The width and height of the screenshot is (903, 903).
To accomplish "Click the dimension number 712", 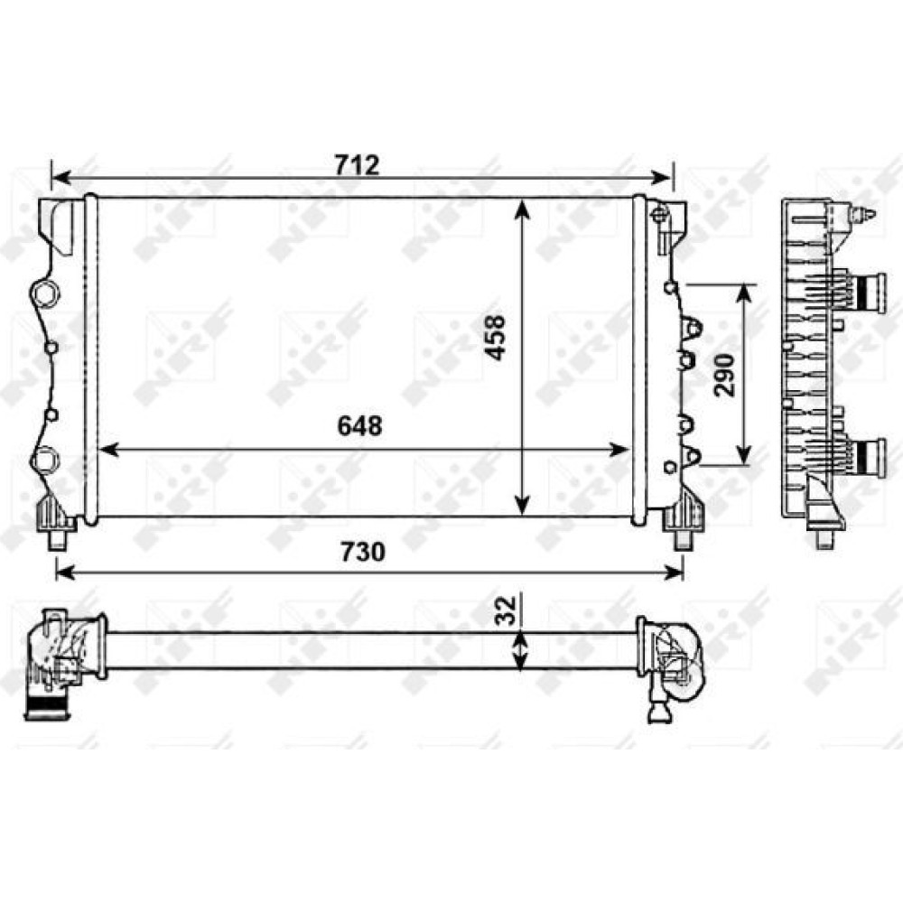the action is coord(358,166).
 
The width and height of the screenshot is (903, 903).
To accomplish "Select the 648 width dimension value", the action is coord(360,426).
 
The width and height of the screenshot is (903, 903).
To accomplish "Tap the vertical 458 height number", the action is coord(495,338).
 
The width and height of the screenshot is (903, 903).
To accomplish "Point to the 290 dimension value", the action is coord(724,375).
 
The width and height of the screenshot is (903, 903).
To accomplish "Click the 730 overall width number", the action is coord(362,553).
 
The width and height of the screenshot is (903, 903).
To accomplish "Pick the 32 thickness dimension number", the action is coord(505,610).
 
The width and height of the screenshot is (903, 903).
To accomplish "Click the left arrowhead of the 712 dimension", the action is coord(61,177).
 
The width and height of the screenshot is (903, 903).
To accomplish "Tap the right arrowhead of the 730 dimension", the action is coord(674,573).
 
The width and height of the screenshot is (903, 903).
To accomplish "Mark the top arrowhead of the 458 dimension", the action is coord(522,210).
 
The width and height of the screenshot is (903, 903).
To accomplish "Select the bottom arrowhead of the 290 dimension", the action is coord(745,454).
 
